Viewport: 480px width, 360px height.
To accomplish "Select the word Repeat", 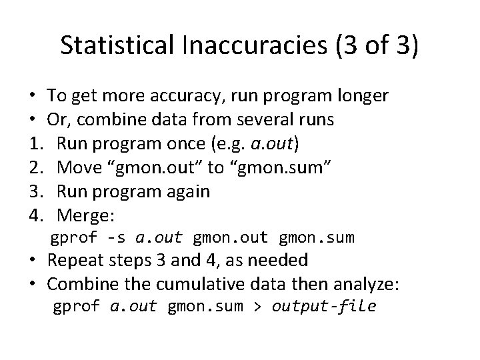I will point(75,260).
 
